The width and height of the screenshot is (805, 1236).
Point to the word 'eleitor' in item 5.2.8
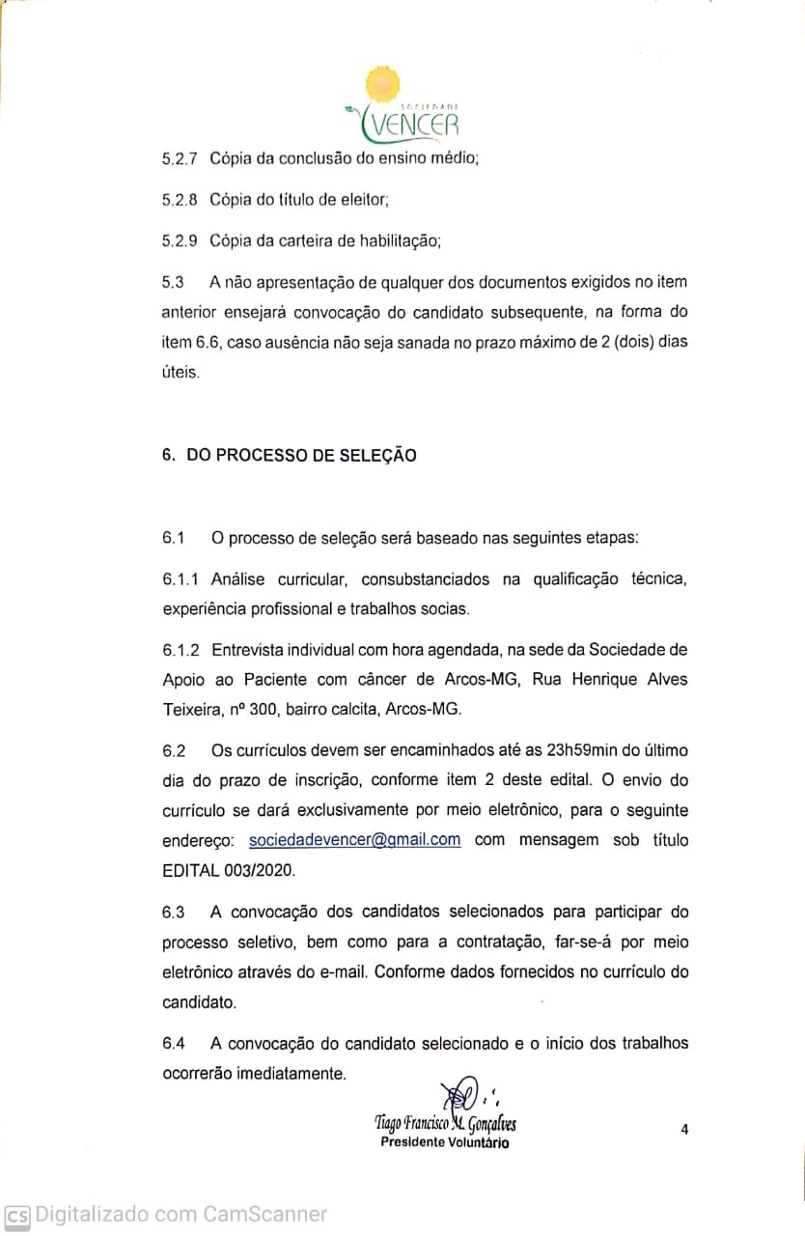(366, 199)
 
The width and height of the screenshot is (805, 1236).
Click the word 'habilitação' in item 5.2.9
(401, 239)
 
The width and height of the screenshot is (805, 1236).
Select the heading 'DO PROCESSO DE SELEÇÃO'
(301, 455)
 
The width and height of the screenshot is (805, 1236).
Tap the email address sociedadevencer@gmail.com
(354, 839)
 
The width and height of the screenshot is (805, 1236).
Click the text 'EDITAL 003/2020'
(229, 870)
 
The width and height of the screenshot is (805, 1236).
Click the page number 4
(684, 1129)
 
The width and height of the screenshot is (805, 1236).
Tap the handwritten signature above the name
(462, 1095)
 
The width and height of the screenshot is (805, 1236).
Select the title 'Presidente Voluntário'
(445, 1142)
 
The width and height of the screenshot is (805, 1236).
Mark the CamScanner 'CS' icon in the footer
(16, 1215)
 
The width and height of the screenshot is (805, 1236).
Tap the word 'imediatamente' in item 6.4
(294, 1073)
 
